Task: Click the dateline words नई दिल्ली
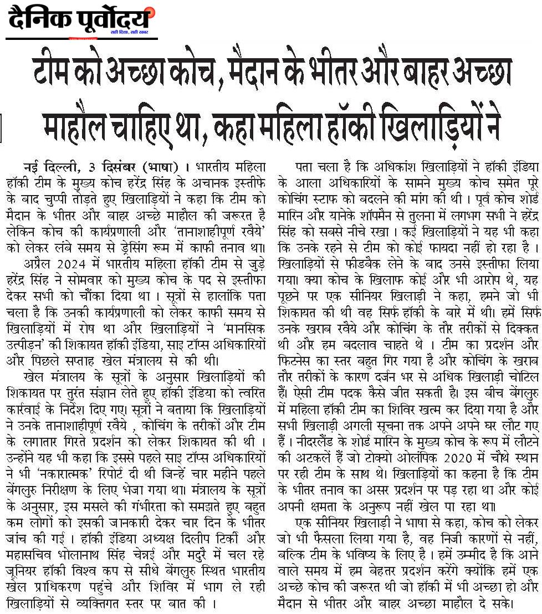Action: [49, 166]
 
